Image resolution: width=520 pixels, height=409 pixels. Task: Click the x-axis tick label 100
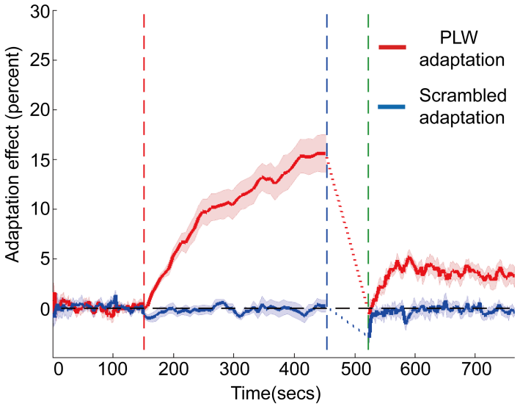point(113,372)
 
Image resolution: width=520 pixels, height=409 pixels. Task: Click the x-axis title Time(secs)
point(276,394)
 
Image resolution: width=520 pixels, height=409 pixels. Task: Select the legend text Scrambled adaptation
point(463,106)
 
